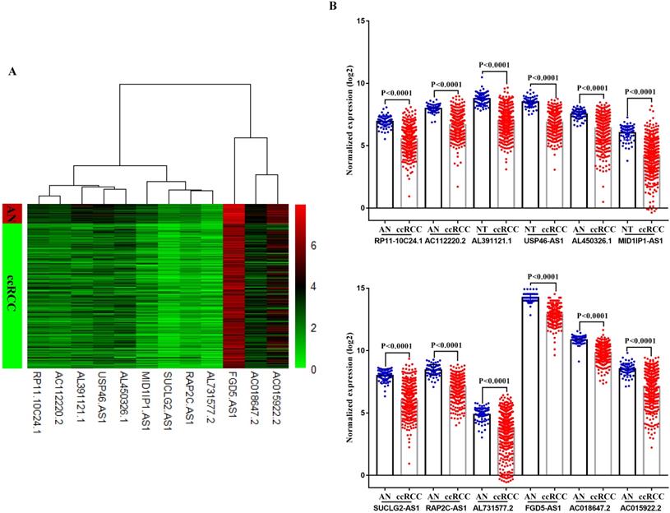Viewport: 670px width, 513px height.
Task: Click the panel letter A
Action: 12,72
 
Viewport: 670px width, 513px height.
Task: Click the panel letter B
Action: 333,7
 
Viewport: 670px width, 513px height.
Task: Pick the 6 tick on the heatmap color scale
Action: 312,245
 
